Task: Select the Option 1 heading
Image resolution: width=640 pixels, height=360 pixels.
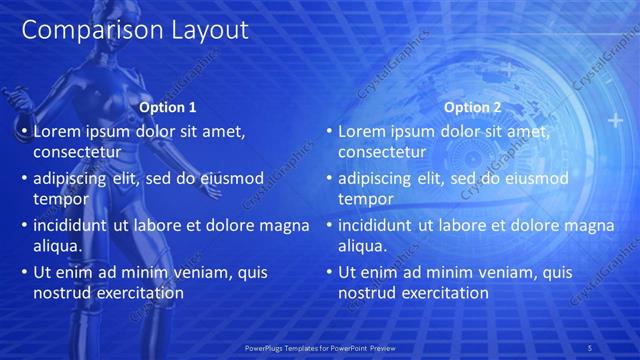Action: tap(166, 107)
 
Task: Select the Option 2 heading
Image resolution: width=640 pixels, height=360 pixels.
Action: tap(473, 107)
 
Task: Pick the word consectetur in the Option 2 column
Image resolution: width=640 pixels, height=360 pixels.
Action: tap(382, 152)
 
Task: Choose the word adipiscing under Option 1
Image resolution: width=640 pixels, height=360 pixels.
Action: tap(73, 178)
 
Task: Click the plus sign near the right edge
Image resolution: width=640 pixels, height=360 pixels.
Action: tap(614, 121)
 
